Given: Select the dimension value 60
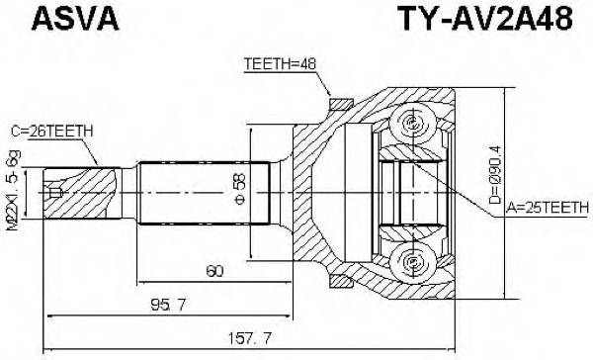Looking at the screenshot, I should [x=213, y=269].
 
